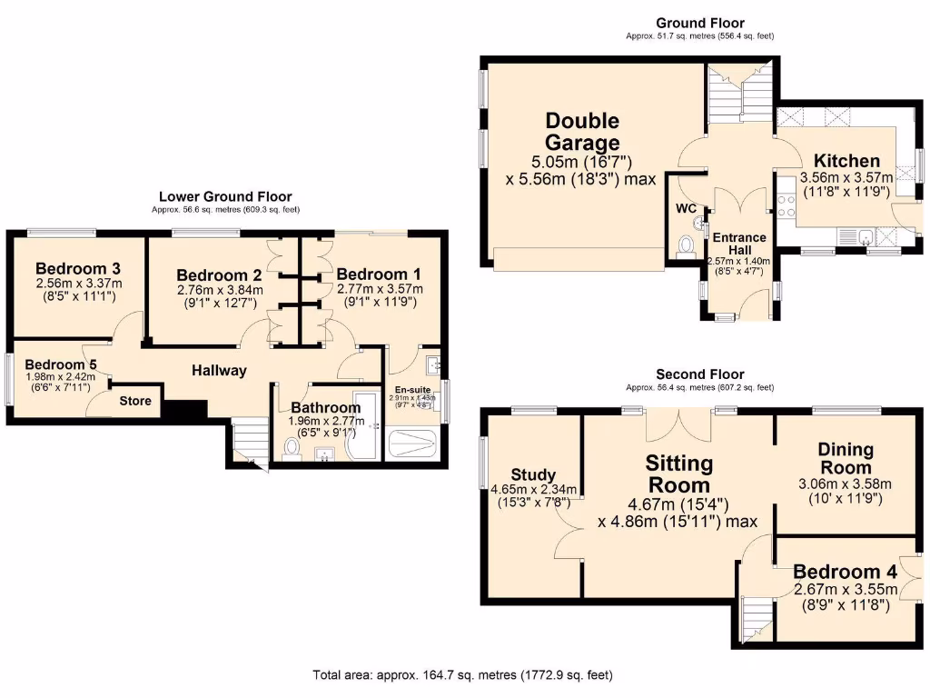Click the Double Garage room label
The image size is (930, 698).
click(x=582, y=132)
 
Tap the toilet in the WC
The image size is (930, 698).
click(x=687, y=245)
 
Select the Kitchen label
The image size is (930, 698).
click(x=846, y=161)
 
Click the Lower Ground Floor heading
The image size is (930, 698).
click(x=225, y=195)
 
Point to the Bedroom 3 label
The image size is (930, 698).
click(x=77, y=269)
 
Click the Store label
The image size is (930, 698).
click(x=137, y=400)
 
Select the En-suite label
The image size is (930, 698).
click(x=412, y=388)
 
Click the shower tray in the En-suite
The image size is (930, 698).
click(x=412, y=444)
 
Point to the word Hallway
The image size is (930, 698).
click(x=219, y=370)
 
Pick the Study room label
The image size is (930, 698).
click(x=528, y=474)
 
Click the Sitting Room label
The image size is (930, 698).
click(x=678, y=474)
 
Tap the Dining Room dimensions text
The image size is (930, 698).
click(x=846, y=490)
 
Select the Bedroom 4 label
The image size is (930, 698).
click(x=845, y=572)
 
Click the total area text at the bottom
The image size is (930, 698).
click(x=462, y=675)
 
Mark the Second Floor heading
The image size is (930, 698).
click(x=699, y=374)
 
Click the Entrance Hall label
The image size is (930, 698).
click(x=738, y=244)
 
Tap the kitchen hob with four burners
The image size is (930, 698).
click(x=787, y=205)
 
